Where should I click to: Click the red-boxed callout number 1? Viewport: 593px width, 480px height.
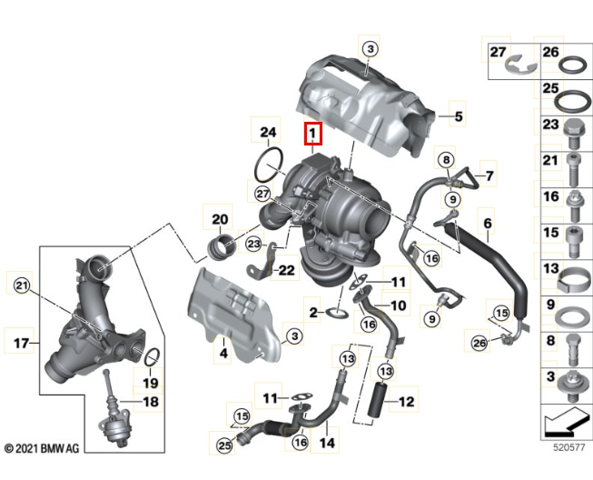coord(312,135)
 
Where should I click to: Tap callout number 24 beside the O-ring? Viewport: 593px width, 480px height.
coord(267,134)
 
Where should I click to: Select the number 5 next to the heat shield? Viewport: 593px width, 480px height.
coord(459,116)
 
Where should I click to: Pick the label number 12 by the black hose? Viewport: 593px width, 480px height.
coord(405,401)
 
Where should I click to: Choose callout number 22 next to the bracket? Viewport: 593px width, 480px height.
coord(286,270)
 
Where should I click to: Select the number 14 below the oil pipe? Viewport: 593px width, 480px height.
coord(327,443)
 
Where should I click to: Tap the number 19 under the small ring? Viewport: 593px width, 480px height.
coord(151,383)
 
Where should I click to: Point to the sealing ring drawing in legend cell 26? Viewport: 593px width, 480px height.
coord(576,66)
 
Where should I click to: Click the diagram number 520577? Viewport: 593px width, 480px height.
coord(575,447)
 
